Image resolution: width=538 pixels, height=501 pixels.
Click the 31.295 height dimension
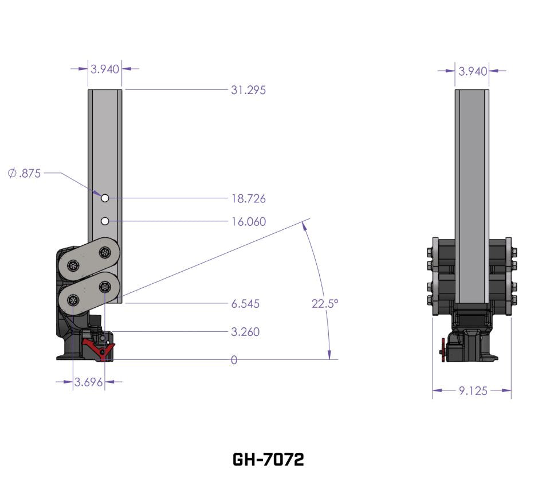[248, 90]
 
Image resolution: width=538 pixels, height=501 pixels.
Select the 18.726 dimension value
[248, 199]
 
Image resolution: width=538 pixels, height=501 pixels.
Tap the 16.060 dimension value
[248, 221]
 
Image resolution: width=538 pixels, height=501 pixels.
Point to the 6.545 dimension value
[245, 304]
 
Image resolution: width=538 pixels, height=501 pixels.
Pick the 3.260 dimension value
[245, 332]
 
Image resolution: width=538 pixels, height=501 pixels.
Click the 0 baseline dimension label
[234, 360]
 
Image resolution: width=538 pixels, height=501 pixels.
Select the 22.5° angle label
[325, 304]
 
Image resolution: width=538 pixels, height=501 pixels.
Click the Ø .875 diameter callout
[25, 173]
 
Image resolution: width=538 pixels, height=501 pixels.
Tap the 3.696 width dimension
[88, 382]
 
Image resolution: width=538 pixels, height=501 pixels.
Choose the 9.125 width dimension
[473, 391]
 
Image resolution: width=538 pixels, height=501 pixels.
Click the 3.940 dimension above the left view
[105, 69]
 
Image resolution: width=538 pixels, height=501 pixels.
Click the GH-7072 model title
[268, 459]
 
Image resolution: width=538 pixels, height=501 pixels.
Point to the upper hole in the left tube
[105, 198]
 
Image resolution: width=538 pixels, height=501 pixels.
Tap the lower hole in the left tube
[105, 221]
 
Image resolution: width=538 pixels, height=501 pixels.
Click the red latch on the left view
[99, 349]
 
